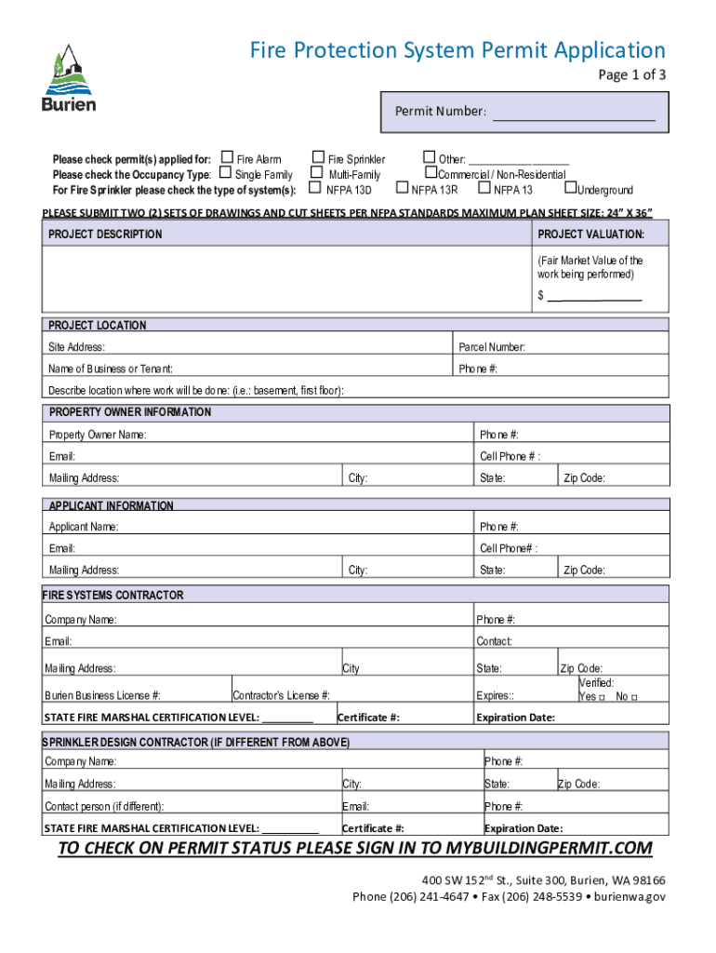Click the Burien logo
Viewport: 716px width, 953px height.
pos(68,78)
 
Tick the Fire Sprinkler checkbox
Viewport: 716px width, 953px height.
pos(318,158)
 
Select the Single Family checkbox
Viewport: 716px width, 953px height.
pos(225,173)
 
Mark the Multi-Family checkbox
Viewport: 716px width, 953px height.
pos(317,173)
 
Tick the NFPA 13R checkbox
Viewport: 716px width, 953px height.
pos(404,189)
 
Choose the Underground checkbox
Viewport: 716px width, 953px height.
pos(571,189)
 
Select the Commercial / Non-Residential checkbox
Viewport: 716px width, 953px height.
pos(431,173)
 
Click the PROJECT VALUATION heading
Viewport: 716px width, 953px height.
pos(590,234)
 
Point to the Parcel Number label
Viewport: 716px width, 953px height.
pos(492,347)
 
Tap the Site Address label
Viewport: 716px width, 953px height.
pos(76,347)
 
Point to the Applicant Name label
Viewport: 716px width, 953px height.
pos(84,527)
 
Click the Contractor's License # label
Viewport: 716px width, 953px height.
pos(281,695)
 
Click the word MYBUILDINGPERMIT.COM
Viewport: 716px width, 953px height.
pos(550,849)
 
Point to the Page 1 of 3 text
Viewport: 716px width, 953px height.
pos(631,77)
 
